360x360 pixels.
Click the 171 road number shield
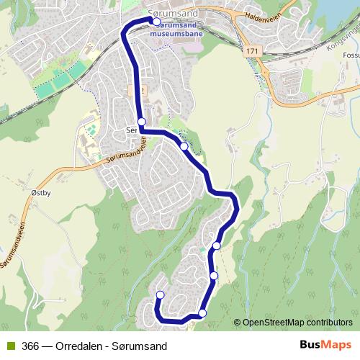[251, 52]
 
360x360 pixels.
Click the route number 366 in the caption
[30, 345]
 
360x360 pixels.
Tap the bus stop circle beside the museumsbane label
[156, 22]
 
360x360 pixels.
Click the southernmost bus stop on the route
[202, 312]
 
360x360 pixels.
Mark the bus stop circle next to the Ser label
[142, 122]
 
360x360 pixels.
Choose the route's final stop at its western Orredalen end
[160, 294]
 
